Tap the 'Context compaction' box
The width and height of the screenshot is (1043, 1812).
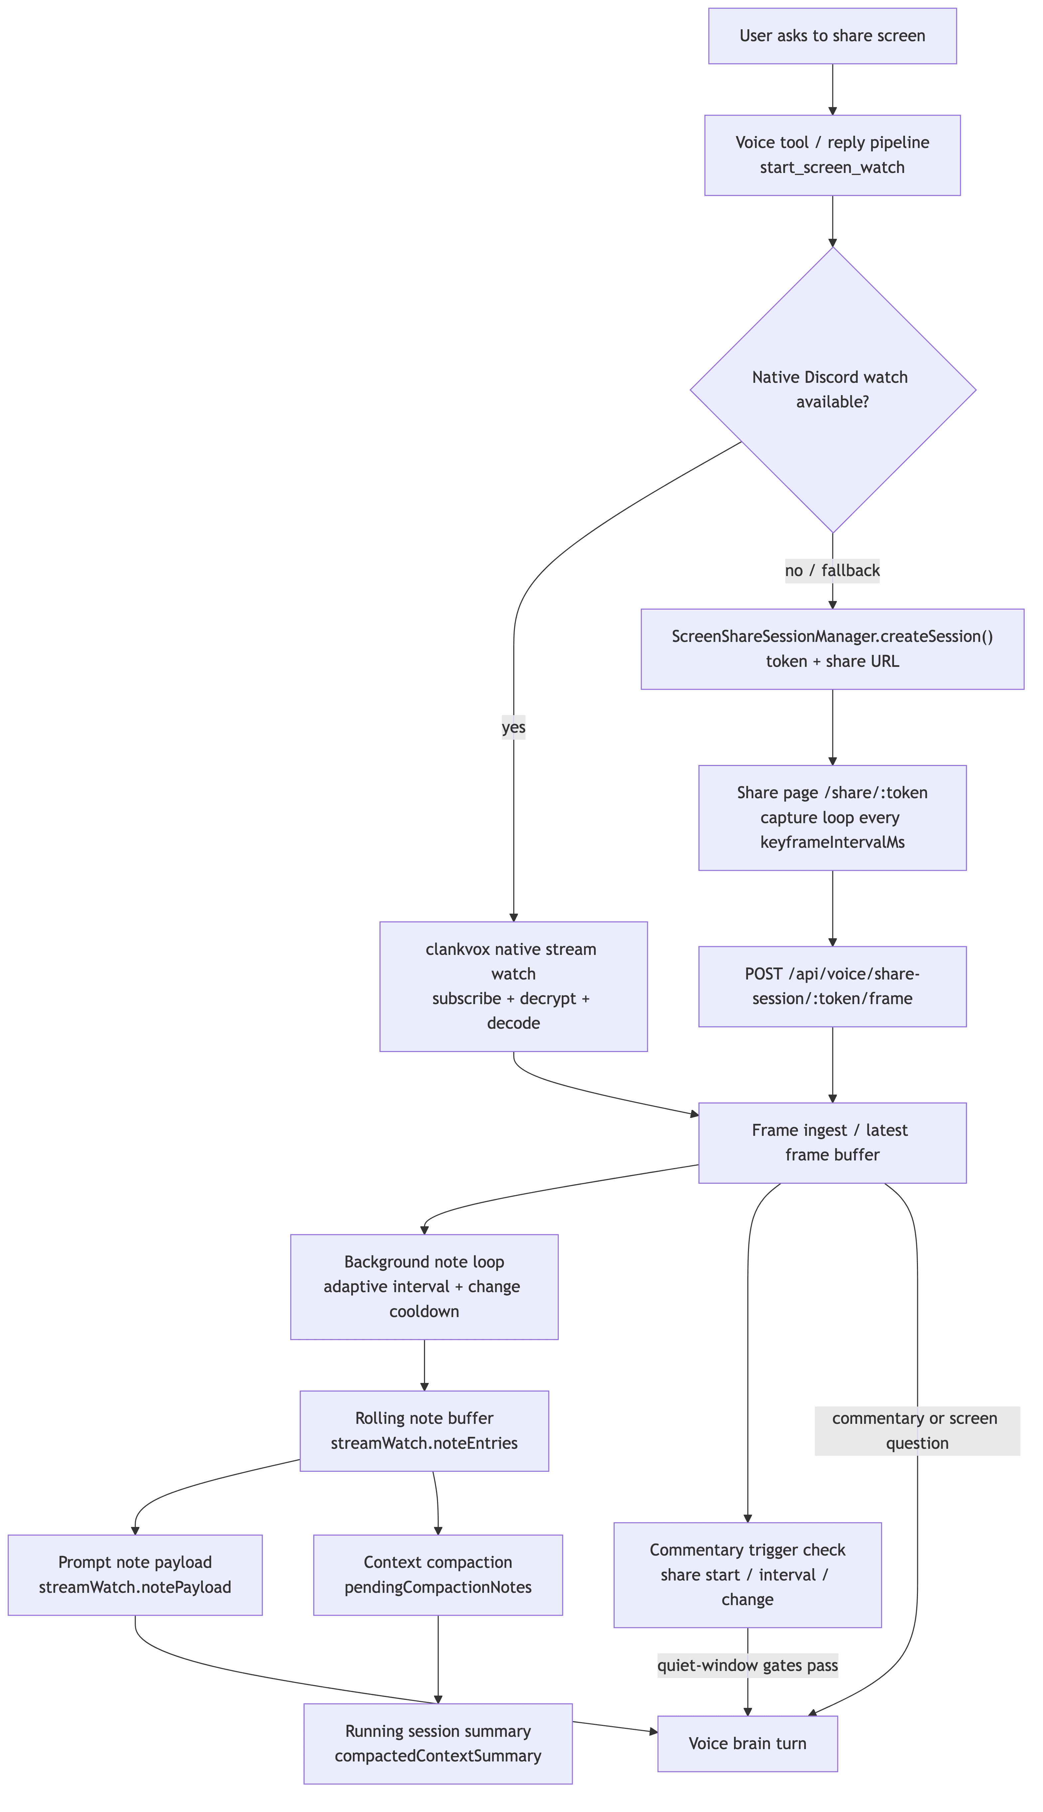[438, 1575]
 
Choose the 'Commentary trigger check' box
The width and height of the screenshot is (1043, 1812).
[747, 1575]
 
